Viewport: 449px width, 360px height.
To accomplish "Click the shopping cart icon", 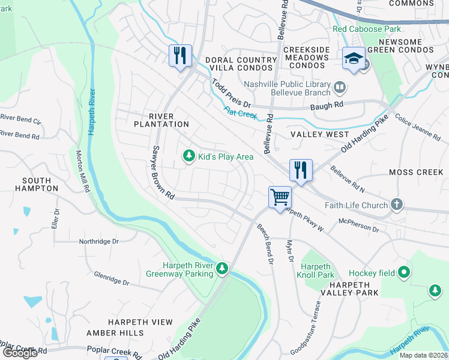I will [280, 197].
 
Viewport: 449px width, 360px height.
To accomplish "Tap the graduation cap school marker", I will [354, 59].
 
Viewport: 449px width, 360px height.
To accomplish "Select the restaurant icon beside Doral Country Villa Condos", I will [180, 56].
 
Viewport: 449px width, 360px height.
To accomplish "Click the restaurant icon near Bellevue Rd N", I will [300, 170].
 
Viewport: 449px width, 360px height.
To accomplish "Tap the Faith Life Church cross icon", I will [396, 205].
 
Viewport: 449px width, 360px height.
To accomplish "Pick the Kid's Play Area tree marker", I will [189, 156].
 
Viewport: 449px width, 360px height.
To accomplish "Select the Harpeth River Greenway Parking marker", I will [222, 268].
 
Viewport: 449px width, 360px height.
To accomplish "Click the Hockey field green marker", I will [405, 272].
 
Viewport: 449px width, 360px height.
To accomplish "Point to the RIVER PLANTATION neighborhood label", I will [161, 120].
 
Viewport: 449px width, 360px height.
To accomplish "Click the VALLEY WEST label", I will [319, 134].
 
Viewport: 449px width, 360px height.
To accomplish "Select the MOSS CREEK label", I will [416, 172].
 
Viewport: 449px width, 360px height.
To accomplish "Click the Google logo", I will [20, 353].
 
